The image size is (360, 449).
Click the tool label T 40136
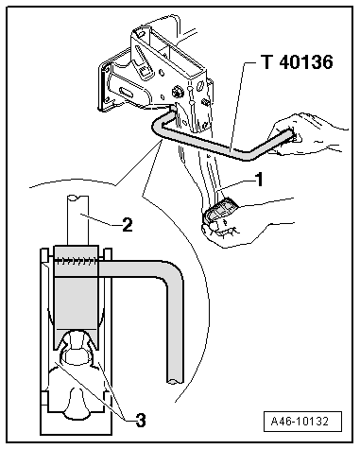[x=297, y=61]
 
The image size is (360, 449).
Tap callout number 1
[x=259, y=180]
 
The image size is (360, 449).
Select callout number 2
[x=128, y=225]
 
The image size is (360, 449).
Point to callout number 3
[x=141, y=420]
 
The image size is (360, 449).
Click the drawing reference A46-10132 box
[x=302, y=421]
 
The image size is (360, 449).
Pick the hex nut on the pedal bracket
[x=176, y=92]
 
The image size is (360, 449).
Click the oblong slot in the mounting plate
[x=128, y=93]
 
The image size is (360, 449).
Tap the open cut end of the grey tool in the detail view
[x=175, y=381]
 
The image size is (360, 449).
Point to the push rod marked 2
[x=77, y=220]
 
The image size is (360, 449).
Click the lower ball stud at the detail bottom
[x=76, y=405]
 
